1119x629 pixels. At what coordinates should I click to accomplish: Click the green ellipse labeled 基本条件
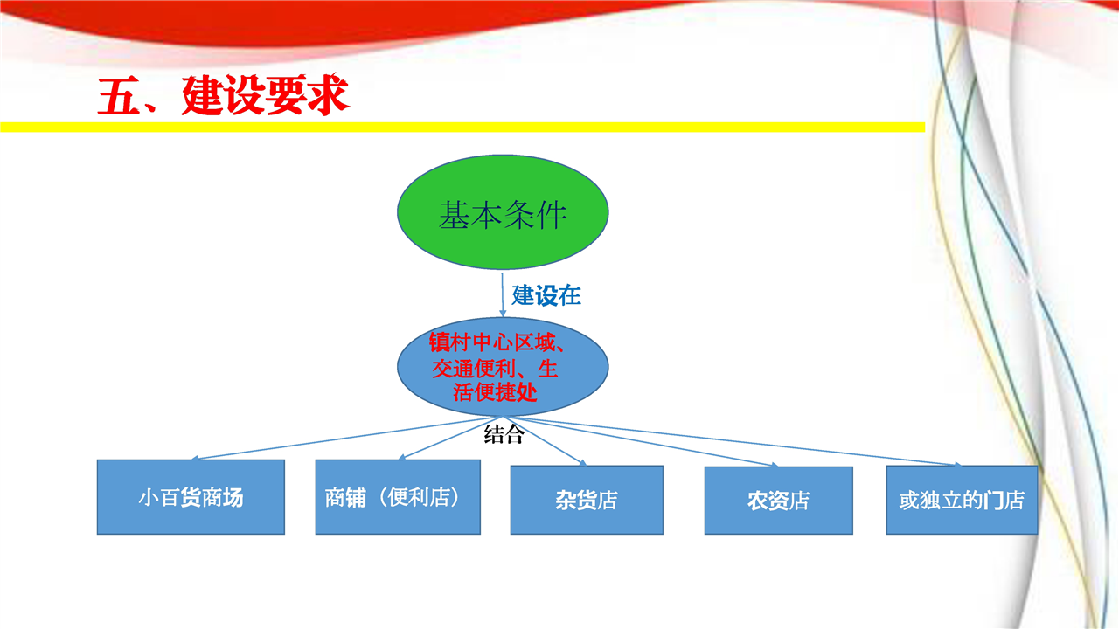coord(503,212)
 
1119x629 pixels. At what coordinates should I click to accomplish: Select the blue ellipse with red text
coord(503,367)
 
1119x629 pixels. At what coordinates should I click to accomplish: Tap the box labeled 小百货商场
coord(191,497)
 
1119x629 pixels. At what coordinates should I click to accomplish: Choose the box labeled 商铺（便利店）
coord(398,497)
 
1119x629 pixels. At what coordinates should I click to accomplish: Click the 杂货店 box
coord(587,501)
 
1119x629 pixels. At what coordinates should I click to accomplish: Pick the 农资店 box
coord(778,501)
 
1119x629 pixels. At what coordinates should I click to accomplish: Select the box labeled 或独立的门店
coord(962,501)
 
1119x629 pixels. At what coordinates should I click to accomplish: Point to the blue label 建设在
coord(546,295)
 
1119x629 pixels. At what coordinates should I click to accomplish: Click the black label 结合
coord(504,434)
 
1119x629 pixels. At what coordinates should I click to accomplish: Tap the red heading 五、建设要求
coord(223,95)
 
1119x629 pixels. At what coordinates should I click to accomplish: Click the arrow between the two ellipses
coord(503,294)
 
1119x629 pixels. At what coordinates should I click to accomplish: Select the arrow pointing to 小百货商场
coord(347,438)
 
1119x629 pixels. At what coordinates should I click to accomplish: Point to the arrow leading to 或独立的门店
coord(733,441)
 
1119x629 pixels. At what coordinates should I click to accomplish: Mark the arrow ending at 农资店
coord(641,442)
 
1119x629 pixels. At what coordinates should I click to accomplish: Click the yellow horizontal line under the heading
coord(462,128)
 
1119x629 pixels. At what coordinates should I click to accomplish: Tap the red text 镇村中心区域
coord(491,342)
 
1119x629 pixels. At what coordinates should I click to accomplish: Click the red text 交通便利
coord(474,369)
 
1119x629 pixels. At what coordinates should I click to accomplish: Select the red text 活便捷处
coord(495,392)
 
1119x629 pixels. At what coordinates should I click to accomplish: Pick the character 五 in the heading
coord(118,96)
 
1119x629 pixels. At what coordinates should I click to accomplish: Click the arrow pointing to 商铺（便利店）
coord(450,438)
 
